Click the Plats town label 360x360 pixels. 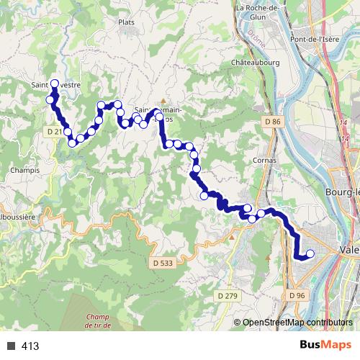click(x=127, y=22)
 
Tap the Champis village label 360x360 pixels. click(x=25, y=171)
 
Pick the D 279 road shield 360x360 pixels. click(x=228, y=295)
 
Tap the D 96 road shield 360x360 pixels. click(x=298, y=295)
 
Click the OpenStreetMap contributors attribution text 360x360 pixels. click(x=297, y=323)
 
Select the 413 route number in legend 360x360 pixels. click(x=30, y=346)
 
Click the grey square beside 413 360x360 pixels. click(x=12, y=346)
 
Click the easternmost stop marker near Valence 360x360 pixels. click(x=310, y=253)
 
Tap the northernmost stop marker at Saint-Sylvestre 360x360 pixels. click(x=55, y=84)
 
